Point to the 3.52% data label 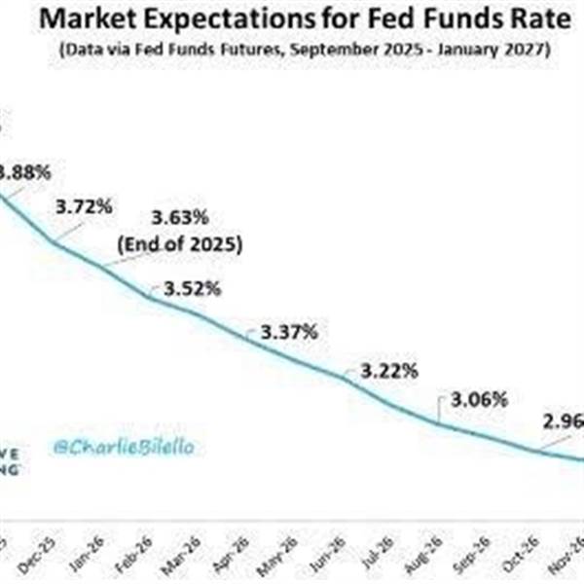tap(192, 288)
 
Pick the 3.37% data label tap(288, 332)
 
